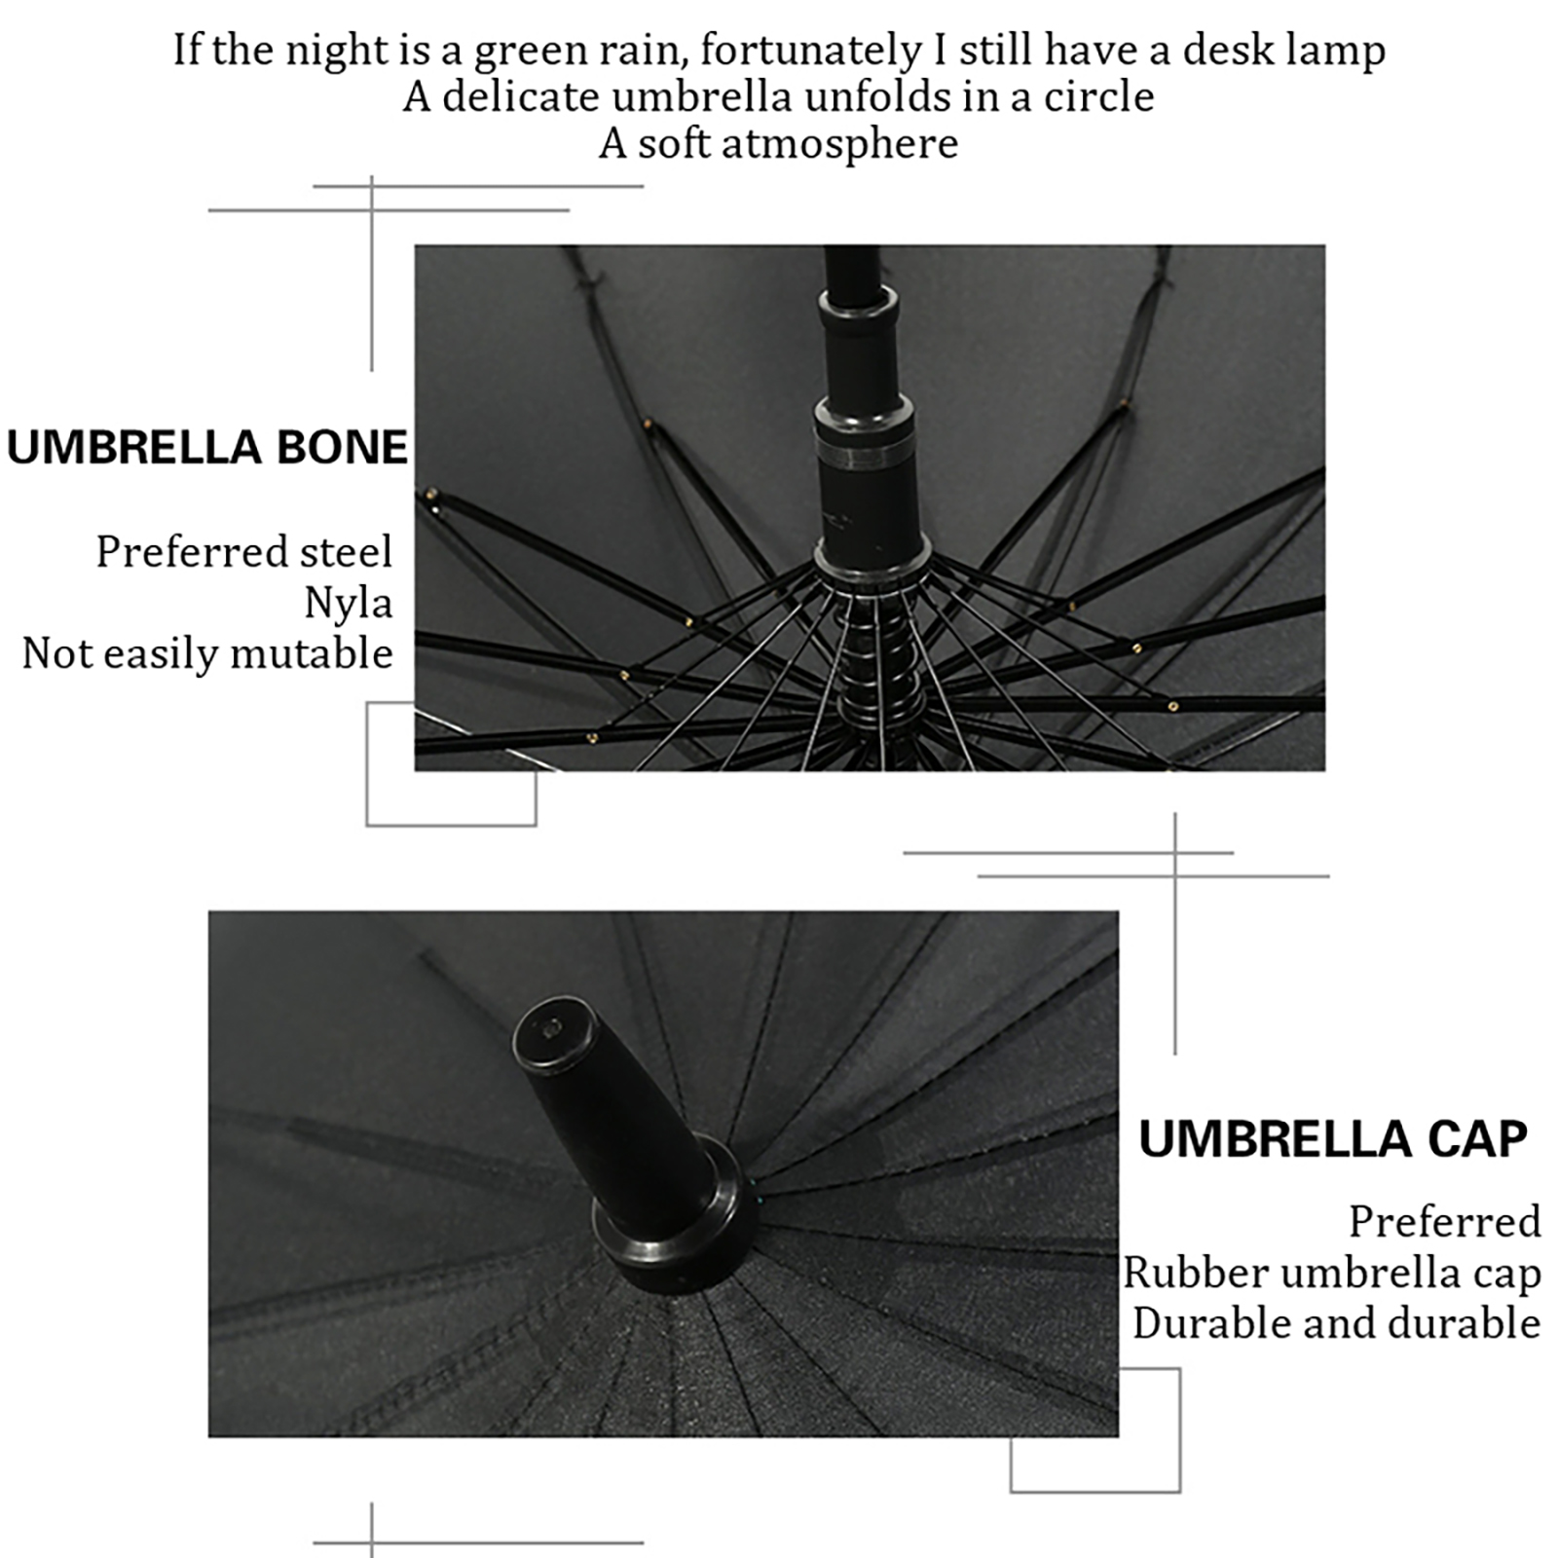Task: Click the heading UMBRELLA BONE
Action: tap(207, 447)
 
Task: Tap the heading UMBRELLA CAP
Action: tap(1333, 1138)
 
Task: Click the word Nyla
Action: tap(349, 604)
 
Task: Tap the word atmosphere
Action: tap(839, 144)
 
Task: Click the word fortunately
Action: tap(810, 51)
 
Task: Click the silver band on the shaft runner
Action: tap(865, 456)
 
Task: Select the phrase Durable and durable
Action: tap(1336, 1323)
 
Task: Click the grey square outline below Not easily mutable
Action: tap(451, 826)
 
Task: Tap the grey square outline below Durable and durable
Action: tap(1095, 1491)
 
